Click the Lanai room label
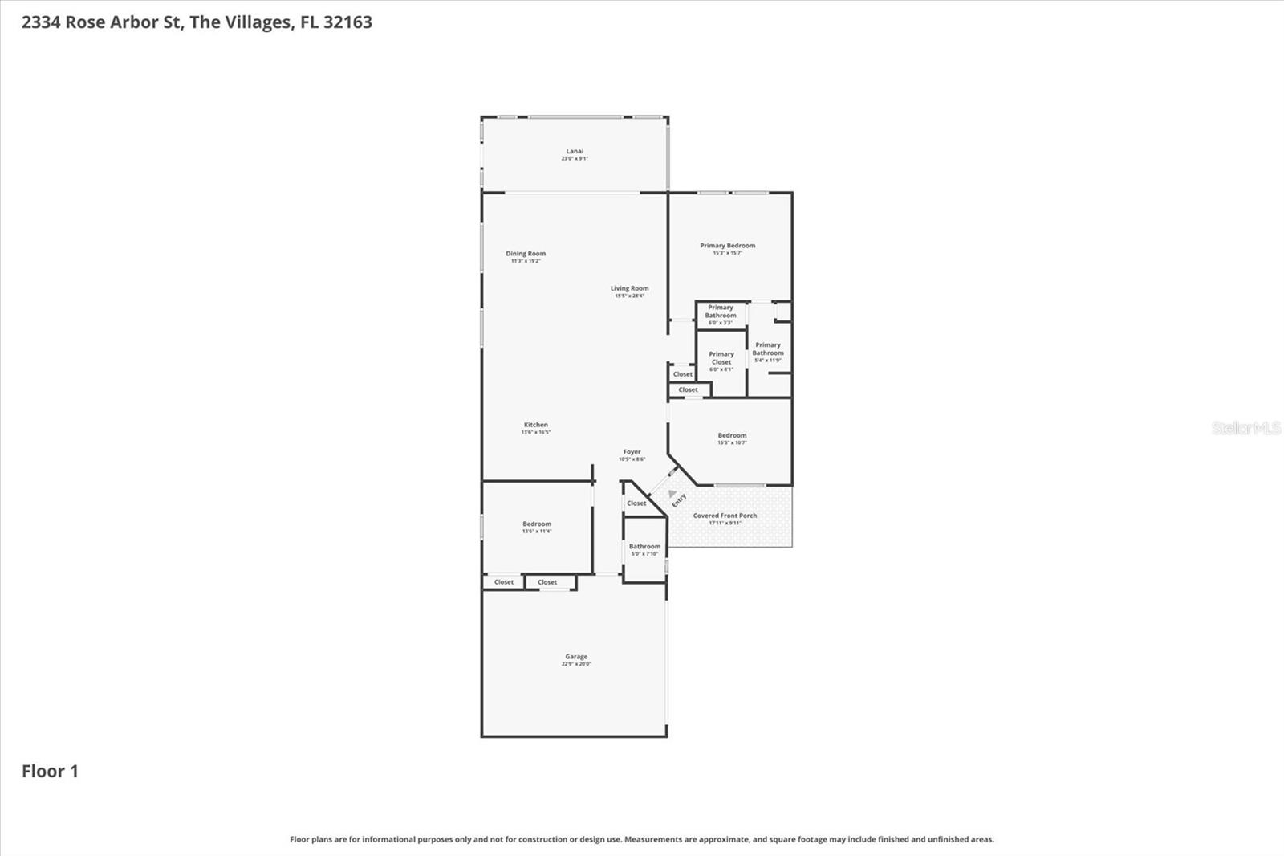pyautogui.click(x=575, y=152)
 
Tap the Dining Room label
pyautogui.click(x=526, y=254)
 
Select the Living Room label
pyautogui.click(x=629, y=288)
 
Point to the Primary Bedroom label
pyautogui.click(x=727, y=246)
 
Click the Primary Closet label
pyautogui.click(x=721, y=358)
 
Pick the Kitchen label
pyautogui.click(x=536, y=425)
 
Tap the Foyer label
pyautogui.click(x=632, y=452)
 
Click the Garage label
pyautogui.click(x=576, y=657)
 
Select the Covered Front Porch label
pyautogui.click(x=725, y=516)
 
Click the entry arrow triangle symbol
pyautogui.click(x=672, y=494)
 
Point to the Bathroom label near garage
pyautogui.click(x=644, y=547)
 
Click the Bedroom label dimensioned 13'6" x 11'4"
pyautogui.click(x=537, y=524)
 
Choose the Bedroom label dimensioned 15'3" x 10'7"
pyautogui.click(x=732, y=436)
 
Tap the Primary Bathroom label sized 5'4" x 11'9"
pyautogui.click(x=768, y=349)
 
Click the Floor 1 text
pyautogui.click(x=50, y=772)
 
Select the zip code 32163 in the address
pyautogui.click(x=347, y=22)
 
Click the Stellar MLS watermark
pyautogui.click(x=1245, y=428)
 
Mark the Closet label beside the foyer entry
pyautogui.click(x=636, y=503)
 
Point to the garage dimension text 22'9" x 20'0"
pyautogui.click(x=576, y=664)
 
